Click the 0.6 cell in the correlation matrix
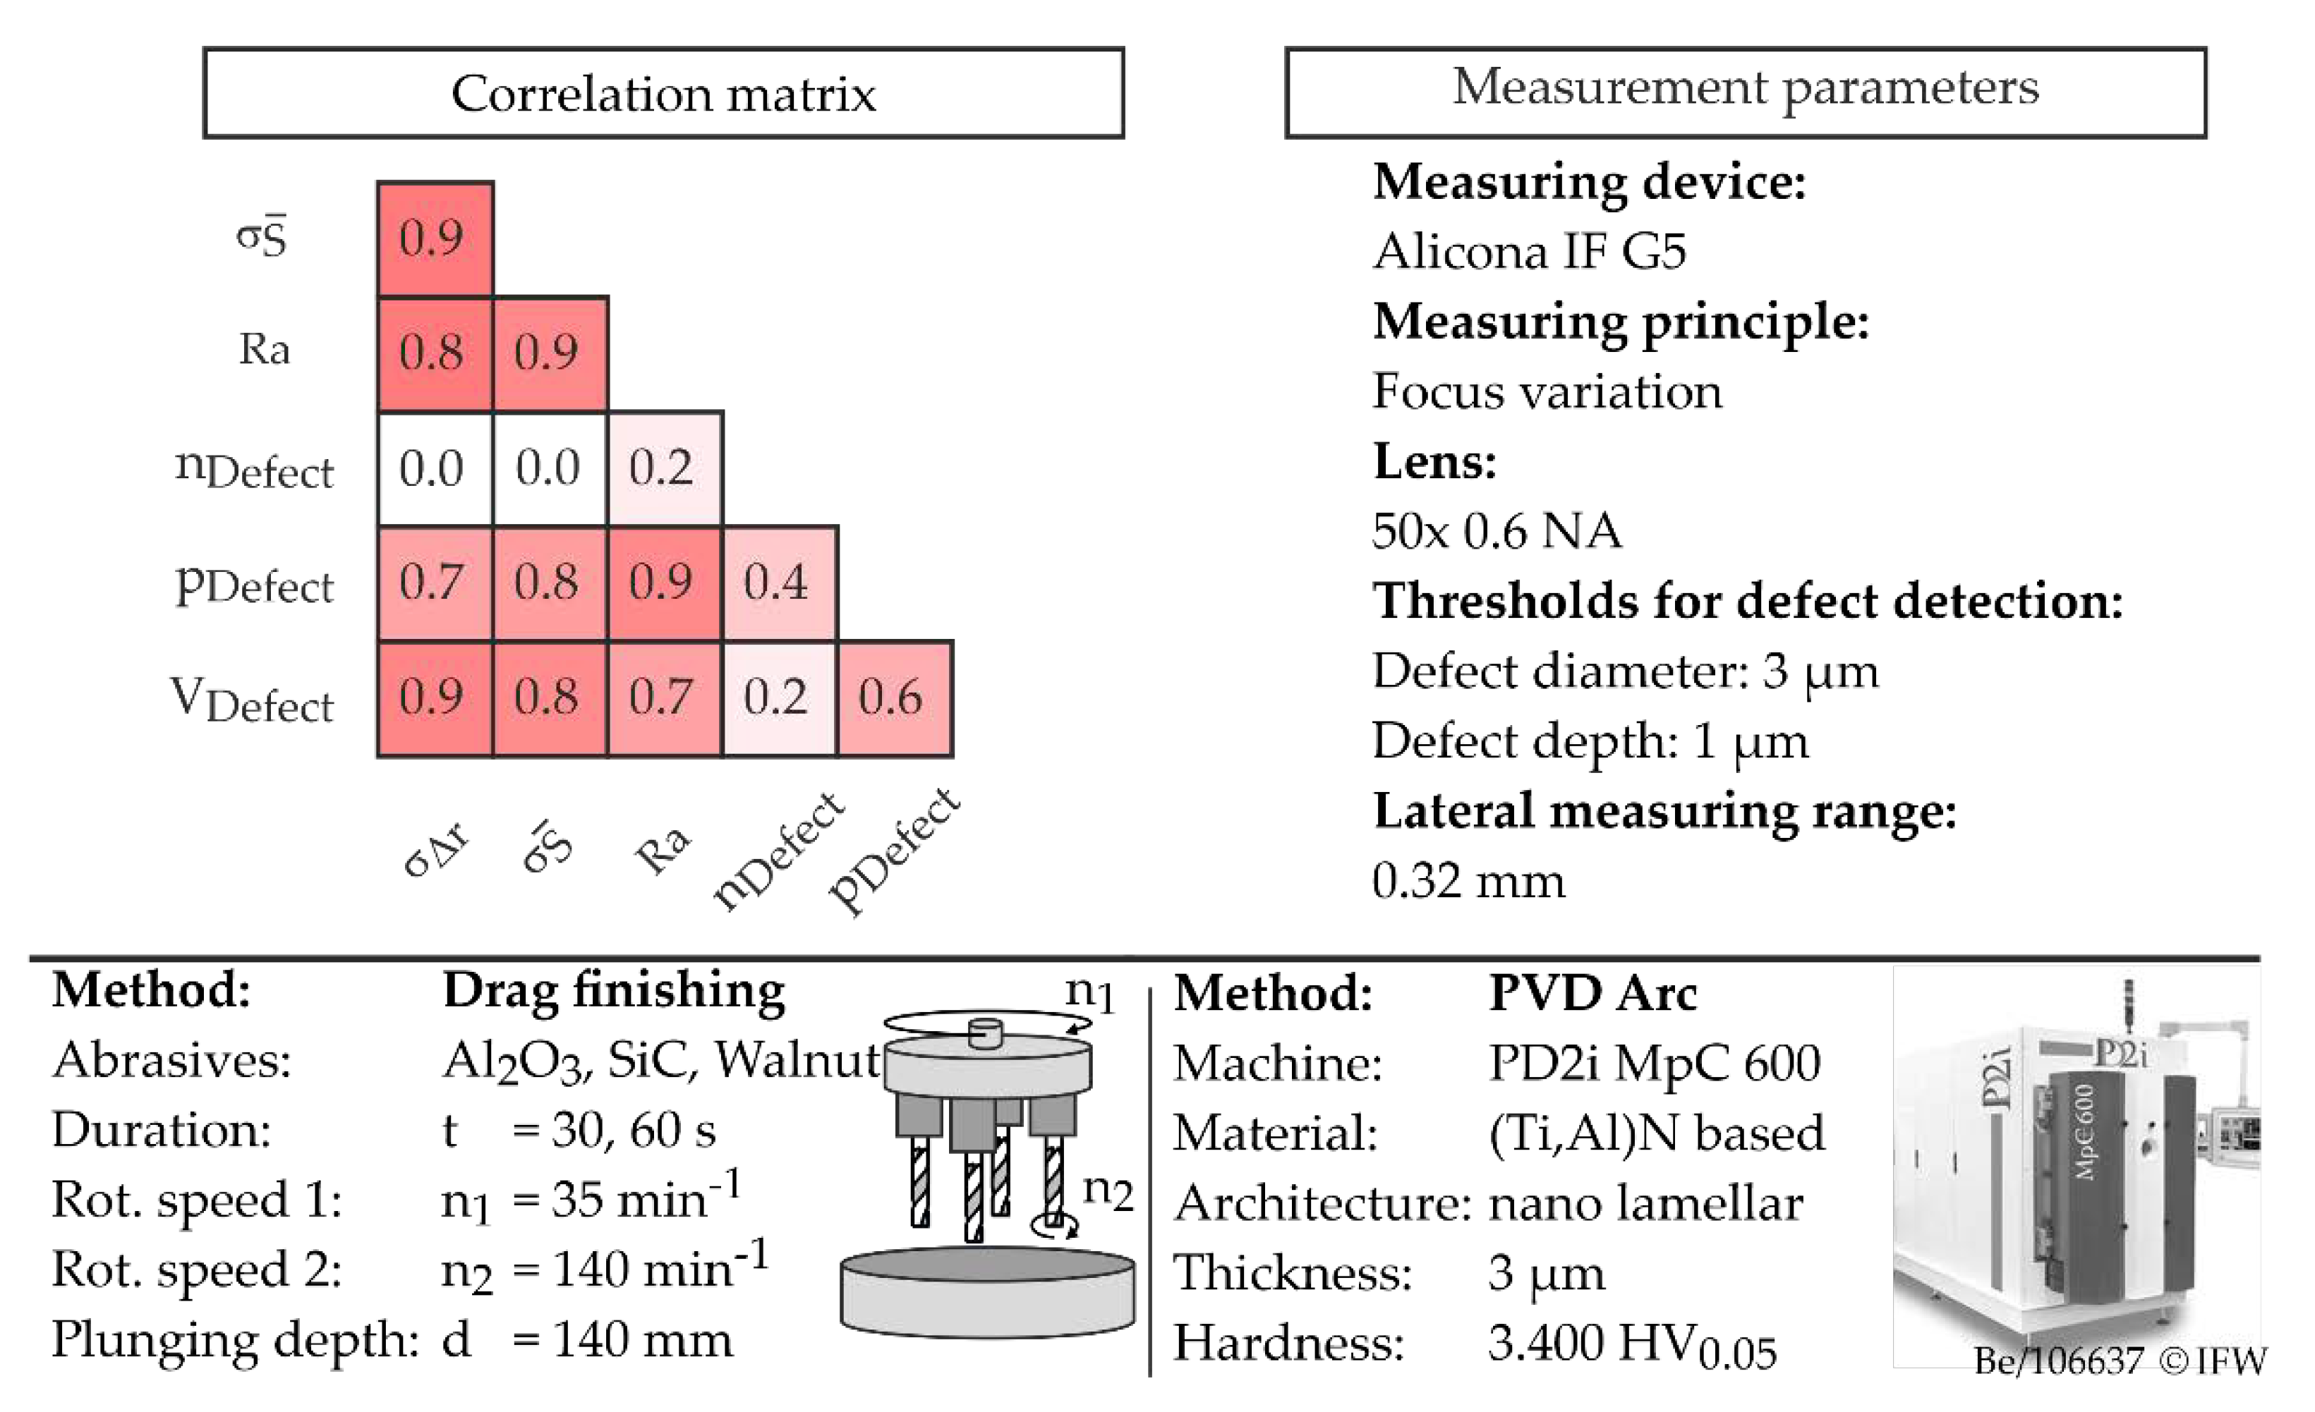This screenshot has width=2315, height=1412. click(895, 698)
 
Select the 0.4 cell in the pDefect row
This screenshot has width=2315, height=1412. click(779, 583)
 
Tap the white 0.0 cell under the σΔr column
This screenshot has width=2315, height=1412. click(434, 468)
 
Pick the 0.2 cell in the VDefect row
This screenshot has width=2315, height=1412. click(779, 698)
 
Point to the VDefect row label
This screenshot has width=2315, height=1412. click(253, 701)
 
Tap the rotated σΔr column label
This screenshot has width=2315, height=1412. click(436, 849)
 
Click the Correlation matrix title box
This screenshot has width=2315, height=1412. click(663, 93)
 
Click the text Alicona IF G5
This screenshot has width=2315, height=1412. click(1528, 252)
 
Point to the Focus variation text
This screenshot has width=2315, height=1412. click(1547, 391)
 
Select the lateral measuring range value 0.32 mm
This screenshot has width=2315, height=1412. click(1468, 881)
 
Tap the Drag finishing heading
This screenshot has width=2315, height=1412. click(614, 990)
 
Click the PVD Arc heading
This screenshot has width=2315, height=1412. click(1593, 994)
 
